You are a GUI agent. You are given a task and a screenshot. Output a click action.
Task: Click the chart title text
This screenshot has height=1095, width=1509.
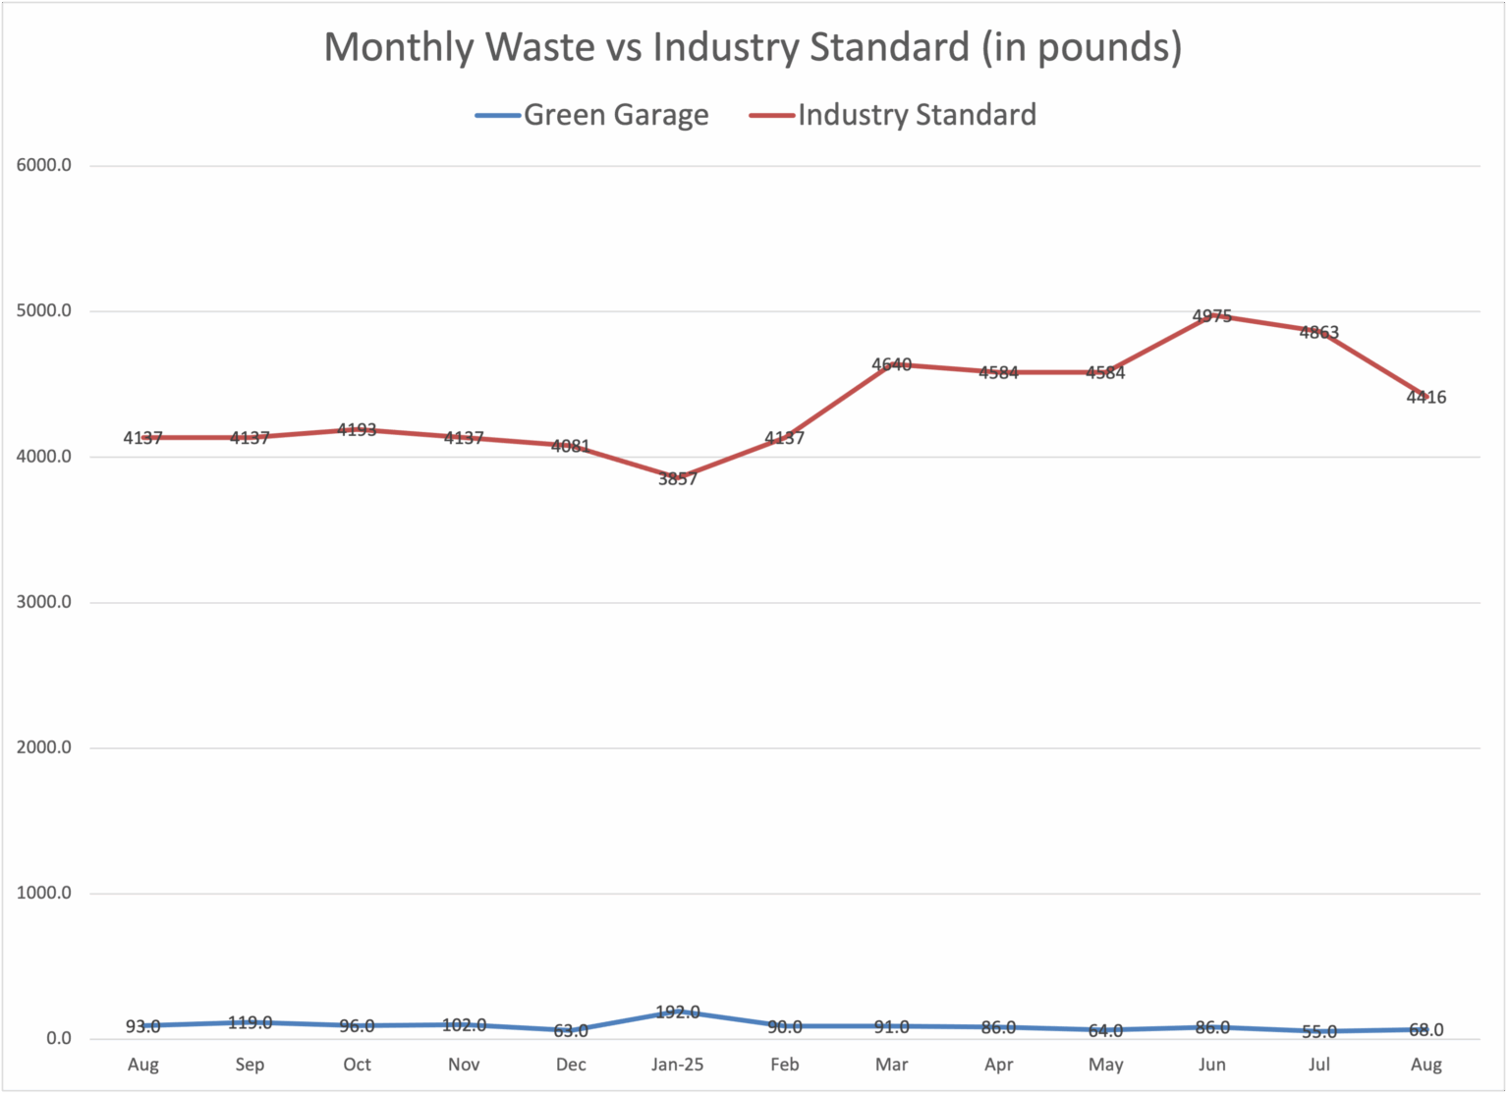point(753,47)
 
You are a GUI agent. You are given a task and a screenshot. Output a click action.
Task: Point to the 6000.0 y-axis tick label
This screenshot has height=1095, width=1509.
point(44,165)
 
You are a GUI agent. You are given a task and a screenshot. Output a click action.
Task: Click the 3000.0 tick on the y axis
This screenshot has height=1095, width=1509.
point(44,602)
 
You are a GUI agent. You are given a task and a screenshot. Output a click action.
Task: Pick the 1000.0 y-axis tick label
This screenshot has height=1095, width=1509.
point(44,893)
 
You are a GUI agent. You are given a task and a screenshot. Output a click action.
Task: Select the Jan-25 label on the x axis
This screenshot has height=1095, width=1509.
point(678,1065)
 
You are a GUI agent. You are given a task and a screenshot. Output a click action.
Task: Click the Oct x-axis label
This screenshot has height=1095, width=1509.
point(357,1065)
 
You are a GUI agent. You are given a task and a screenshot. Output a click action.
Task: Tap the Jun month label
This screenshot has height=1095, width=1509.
point(1212,1065)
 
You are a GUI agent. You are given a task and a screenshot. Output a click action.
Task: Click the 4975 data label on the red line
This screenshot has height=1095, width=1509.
point(1212,316)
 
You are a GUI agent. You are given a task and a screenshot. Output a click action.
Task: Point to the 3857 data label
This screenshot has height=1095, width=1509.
point(678,479)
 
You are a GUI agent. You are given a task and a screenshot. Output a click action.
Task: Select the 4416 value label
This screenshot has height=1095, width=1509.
point(1426,398)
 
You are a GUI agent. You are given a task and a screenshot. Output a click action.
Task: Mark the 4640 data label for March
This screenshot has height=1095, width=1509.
point(892,365)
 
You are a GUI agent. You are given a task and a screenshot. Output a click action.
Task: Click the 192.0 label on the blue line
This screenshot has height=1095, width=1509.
point(678,1012)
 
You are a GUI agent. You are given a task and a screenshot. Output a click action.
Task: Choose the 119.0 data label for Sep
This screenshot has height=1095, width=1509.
point(250,1022)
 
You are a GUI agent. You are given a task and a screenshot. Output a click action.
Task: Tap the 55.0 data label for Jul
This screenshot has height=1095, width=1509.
point(1319,1032)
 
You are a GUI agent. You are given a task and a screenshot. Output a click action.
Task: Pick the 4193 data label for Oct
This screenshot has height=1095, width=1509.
point(357,430)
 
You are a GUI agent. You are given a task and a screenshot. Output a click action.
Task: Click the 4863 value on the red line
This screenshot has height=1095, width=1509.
point(1319,333)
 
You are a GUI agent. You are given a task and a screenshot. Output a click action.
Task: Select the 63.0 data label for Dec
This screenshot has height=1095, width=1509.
point(571,1031)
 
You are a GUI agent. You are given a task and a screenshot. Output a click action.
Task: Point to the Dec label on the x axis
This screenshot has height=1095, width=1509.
point(571,1065)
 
